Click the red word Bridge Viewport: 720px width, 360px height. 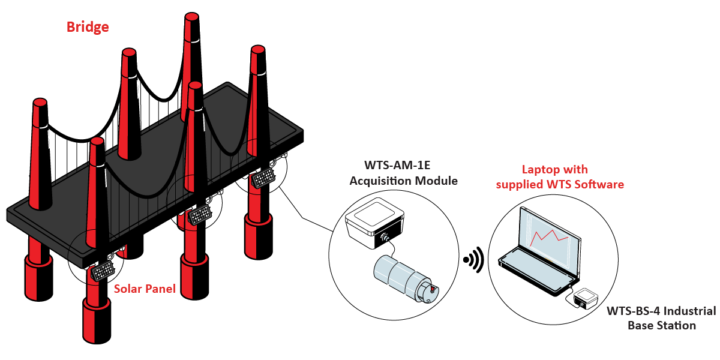88,27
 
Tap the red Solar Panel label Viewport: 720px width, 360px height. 145,289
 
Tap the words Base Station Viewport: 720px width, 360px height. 662,326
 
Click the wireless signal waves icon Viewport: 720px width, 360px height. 473,260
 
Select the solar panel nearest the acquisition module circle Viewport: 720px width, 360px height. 262,178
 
